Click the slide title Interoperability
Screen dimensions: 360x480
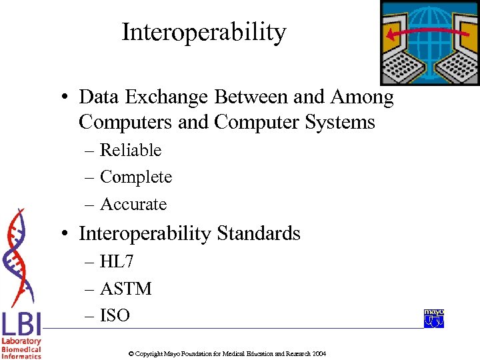click(203, 32)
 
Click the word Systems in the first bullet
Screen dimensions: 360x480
click(341, 123)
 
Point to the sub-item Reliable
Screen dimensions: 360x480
click(131, 151)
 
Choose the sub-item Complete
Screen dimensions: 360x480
click(136, 177)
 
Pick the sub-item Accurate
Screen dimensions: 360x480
click(133, 205)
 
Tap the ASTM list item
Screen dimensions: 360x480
click(126, 289)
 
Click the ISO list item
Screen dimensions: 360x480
click(115, 315)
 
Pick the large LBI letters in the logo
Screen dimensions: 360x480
click(21, 324)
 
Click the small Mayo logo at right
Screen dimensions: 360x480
click(433, 319)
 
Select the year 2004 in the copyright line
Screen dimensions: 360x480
click(319, 353)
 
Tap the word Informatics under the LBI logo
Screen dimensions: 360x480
click(21, 356)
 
